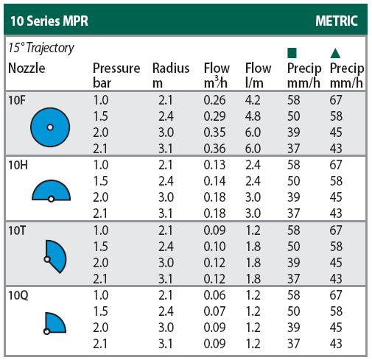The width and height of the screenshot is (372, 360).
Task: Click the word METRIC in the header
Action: (337, 21)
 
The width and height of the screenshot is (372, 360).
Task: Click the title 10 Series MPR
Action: (49, 21)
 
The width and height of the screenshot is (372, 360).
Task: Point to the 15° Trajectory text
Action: (41, 48)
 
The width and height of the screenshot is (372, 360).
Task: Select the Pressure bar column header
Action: (116, 75)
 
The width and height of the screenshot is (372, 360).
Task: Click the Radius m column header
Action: (171, 75)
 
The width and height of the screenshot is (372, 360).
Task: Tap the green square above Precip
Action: (292, 53)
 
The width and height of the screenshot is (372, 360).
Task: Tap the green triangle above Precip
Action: (335, 53)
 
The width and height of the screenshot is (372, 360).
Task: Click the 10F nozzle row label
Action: (17, 100)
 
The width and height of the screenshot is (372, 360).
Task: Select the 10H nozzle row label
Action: (18, 165)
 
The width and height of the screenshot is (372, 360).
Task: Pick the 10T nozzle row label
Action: (17, 230)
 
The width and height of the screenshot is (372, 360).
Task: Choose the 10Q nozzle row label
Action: (18, 295)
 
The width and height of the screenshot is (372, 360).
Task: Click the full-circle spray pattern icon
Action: (50, 127)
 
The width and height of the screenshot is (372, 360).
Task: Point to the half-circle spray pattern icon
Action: (51, 191)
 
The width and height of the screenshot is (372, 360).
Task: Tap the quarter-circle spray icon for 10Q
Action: (55, 323)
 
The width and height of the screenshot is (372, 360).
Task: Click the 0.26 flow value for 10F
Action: (214, 100)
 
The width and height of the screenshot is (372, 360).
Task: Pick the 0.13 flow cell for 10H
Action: (214, 165)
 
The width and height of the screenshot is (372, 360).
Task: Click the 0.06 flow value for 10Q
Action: (214, 295)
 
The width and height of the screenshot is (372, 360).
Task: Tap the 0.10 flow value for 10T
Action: (214, 247)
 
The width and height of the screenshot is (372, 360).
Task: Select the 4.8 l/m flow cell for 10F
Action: (253, 116)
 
